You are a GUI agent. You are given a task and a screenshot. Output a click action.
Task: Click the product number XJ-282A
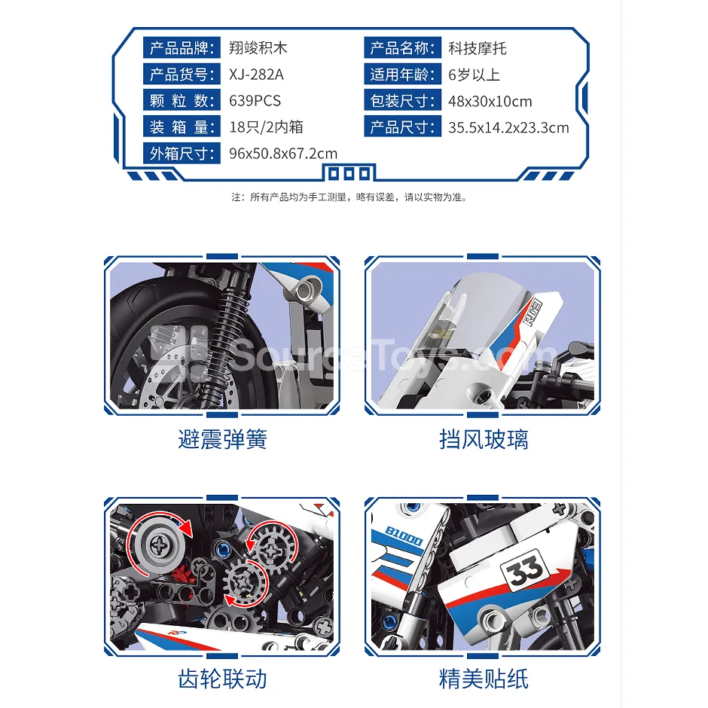256,74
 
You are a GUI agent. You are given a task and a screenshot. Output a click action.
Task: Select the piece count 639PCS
255,100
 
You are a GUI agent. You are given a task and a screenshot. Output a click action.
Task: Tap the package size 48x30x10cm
490,101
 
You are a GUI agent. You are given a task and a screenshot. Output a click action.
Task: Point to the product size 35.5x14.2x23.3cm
508,127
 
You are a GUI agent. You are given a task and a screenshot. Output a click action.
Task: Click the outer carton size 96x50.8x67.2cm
283,154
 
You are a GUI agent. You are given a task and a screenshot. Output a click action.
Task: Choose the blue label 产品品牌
182,48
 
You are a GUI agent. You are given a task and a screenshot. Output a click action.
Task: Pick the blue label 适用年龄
402,74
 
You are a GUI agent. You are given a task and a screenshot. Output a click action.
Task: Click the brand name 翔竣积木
258,48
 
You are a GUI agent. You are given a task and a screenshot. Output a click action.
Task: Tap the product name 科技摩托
478,48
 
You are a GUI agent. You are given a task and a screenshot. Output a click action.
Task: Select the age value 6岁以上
474,75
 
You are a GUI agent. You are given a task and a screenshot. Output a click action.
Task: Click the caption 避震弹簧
223,439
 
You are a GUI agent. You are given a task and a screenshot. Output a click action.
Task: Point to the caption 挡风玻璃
484,439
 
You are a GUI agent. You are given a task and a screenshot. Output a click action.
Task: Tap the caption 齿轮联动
223,679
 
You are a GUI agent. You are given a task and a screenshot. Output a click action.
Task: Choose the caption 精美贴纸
484,679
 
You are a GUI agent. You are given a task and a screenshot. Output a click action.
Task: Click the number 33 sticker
525,571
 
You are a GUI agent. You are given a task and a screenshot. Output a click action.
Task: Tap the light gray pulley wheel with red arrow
159,545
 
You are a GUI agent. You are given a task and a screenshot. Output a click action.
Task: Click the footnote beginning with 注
349,197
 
